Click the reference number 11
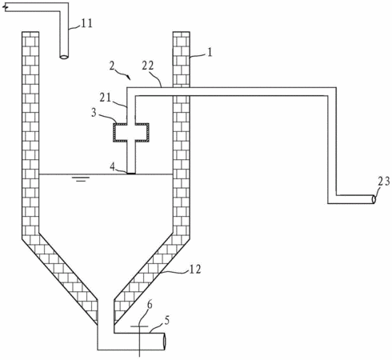click(86, 23)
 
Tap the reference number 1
click(210, 52)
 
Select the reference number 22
click(148, 66)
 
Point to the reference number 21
click(105, 98)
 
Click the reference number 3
click(94, 113)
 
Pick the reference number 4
click(112, 167)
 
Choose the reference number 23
click(384, 182)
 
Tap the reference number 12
click(195, 270)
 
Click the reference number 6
click(150, 305)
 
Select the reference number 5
click(166, 320)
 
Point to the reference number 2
click(113, 66)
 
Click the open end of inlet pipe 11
click(64, 57)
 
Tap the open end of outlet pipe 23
click(374, 199)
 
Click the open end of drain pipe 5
click(164, 342)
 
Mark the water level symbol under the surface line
click(81, 178)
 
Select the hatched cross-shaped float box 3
click(131, 132)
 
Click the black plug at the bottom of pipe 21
click(131, 174)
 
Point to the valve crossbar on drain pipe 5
click(139, 326)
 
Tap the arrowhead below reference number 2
click(129, 78)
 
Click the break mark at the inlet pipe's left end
click(5, 8)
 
